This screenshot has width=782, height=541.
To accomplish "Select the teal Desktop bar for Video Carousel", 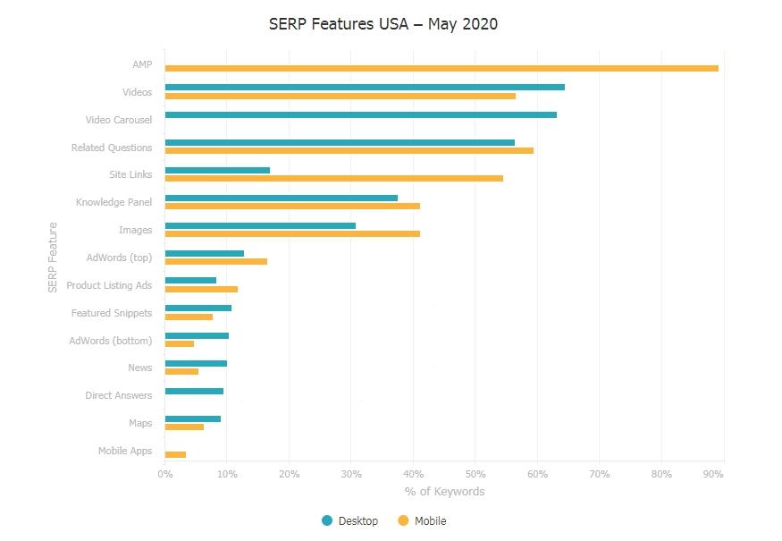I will [x=360, y=114].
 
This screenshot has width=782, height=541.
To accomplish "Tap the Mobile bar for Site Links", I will [x=333, y=179].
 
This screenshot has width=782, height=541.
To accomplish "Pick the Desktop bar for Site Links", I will [x=217, y=170].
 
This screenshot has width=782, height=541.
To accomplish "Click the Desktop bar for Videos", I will [x=365, y=87].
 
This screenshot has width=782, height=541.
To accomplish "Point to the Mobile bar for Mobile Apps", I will [x=175, y=455].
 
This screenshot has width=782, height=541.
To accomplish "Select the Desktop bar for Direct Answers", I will [x=194, y=391].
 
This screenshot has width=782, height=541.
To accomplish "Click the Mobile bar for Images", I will [x=292, y=234].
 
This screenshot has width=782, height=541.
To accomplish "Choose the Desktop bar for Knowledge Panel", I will [x=281, y=198].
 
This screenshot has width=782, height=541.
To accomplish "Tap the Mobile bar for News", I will [x=181, y=372].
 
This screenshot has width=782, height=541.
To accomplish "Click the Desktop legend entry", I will [x=350, y=521].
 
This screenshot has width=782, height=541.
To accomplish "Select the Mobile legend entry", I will [x=422, y=521].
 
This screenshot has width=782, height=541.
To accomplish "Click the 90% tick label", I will [x=713, y=474].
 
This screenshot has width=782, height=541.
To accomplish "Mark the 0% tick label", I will [x=165, y=474].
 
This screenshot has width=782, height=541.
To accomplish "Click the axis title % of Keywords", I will [x=444, y=492].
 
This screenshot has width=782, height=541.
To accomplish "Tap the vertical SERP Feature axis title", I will [x=53, y=258].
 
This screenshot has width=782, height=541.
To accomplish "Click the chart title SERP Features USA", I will [x=383, y=24].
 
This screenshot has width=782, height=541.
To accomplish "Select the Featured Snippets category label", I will [x=112, y=313].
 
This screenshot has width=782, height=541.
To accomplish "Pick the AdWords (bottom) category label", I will [x=111, y=341].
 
